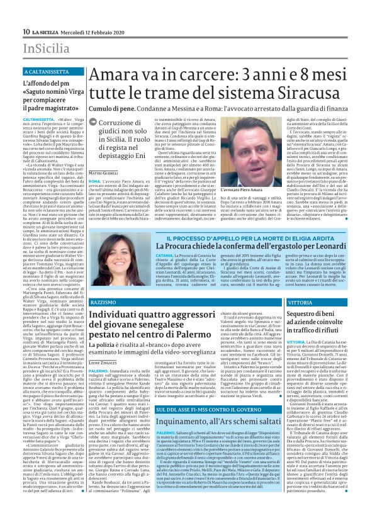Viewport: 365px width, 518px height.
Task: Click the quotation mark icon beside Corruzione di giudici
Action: (x=101, y=123)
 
